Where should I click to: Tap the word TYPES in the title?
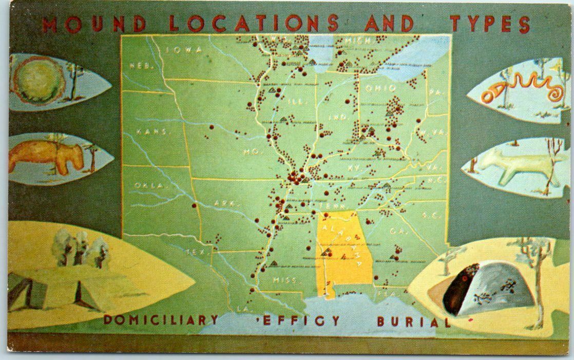tap(490, 24)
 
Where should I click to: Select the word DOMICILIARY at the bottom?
tap(161, 319)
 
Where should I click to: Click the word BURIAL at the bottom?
tap(411, 322)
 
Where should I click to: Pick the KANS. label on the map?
tap(151, 132)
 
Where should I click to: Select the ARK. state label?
tap(227, 203)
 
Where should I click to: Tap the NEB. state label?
tap(139, 66)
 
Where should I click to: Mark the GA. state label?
tap(395, 231)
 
